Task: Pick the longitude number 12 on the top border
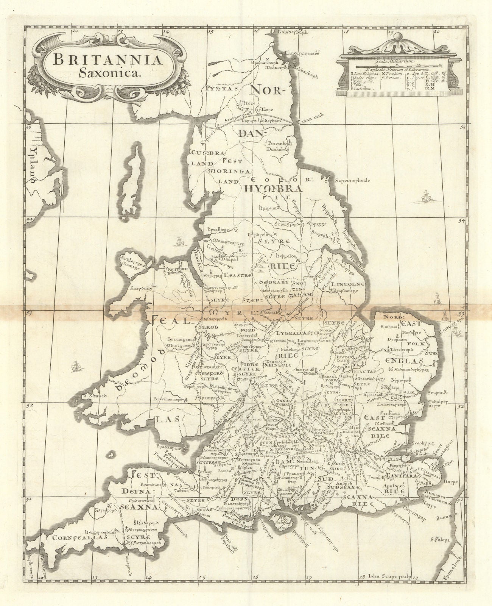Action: point(75,32)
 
